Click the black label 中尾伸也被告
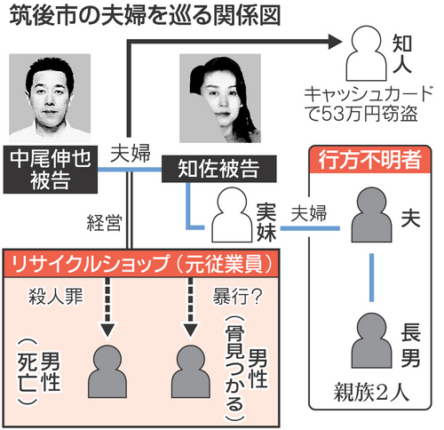tap(52, 170)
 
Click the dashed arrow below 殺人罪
tap(107, 307)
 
